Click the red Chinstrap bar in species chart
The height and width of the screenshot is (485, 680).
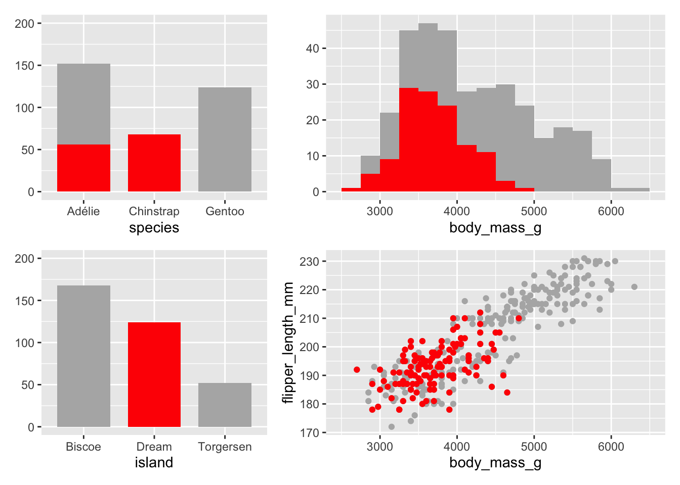(x=154, y=163)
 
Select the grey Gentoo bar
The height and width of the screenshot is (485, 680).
(x=225, y=139)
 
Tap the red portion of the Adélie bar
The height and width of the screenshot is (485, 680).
(x=83, y=168)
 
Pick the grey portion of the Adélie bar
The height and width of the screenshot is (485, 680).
(x=83, y=104)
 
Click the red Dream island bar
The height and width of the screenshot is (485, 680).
(x=154, y=374)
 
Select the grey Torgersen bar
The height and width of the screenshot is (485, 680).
(x=225, y=405)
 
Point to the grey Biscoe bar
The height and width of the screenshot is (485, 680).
(x=83, y=356)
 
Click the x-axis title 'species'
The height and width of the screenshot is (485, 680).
(x=154, y=228)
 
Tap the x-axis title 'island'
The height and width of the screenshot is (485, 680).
(x=154, y=463)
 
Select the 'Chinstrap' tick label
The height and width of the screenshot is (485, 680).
(x=154, y=211)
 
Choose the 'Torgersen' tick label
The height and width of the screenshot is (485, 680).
(x=225, y=447)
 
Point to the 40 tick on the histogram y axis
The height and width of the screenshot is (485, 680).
(x=312, y=48)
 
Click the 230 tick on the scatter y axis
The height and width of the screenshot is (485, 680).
(x=309, y=262)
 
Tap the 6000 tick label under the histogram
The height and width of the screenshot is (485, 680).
(x=611, y=211)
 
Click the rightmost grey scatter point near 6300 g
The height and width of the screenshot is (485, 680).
(x=634, y=287)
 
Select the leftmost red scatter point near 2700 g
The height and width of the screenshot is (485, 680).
(x=357, y=370)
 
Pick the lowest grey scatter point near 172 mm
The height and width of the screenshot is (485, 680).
(x=391, y=427)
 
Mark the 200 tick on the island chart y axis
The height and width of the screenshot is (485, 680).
(x=24, y=259)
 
